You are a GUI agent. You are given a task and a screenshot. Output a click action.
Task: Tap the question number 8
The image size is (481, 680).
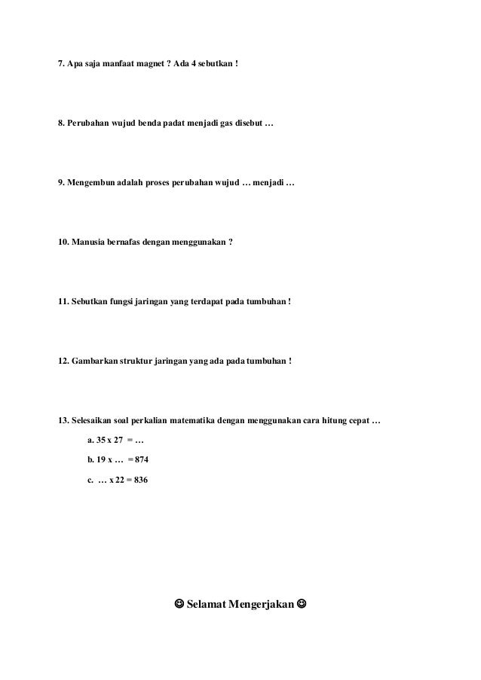pyautogui.click(x=62, y=123)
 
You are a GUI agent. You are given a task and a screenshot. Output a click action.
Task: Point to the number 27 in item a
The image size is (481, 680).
pyautogui.click(x=117, y=441)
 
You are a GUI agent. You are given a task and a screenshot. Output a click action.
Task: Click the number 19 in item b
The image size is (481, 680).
pyautogui.click(x=102, y=460)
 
